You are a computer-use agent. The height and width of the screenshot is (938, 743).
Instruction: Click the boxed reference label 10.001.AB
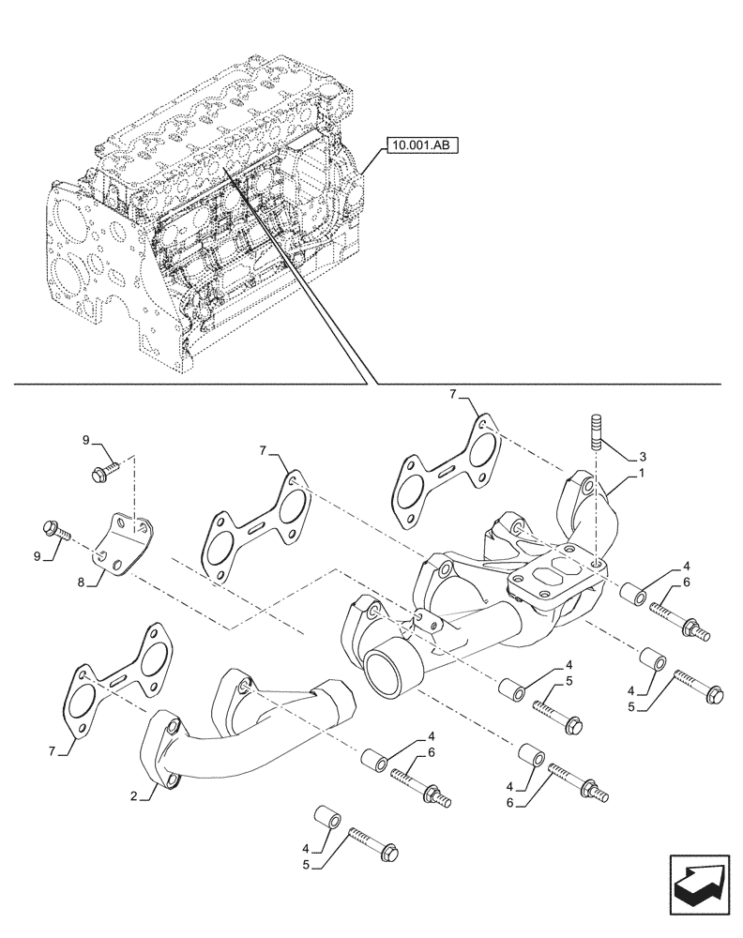pyautogui.click(x=419, y=147)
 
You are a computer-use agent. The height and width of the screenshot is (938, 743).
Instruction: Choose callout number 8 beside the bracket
pyautogui.click(x=82, y=582)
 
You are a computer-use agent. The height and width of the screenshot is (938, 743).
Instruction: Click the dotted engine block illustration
pyautogui.click(x=206, y=216)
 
